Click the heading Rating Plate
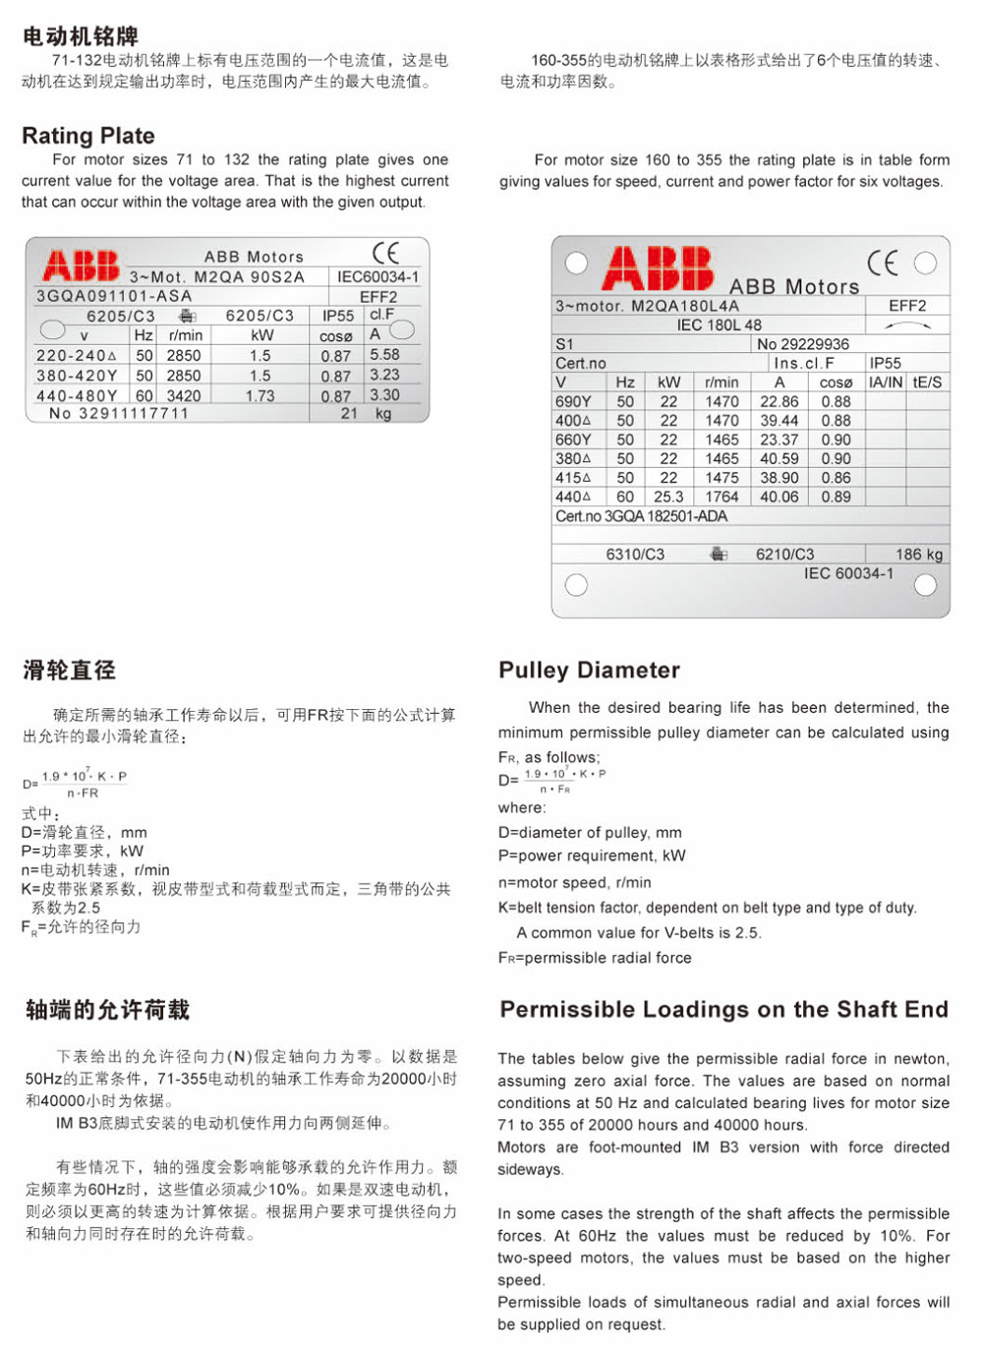pos(88,136)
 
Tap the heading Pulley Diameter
pos(589,671)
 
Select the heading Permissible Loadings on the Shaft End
pos(723,1010)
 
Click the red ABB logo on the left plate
pos(81,265)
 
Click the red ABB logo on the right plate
pos(658,267)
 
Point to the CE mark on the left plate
pos(385,253)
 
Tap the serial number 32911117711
pos(119,414)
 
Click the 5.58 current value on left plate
pos(384,354)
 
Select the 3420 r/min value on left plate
pos(184,395)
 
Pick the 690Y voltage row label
pos(573,401)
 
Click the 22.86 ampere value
pos(780,401)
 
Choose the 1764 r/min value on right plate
pos(722,497)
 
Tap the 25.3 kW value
pos(668,497)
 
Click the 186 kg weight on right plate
pos(919,555)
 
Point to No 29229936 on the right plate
pos(803,344)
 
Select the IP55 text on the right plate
pos(885,363)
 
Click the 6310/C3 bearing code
pos(635,555)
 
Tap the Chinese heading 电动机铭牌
pos(81,36)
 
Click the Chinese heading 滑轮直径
pos(69,671)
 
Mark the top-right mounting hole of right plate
pos(925,263)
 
